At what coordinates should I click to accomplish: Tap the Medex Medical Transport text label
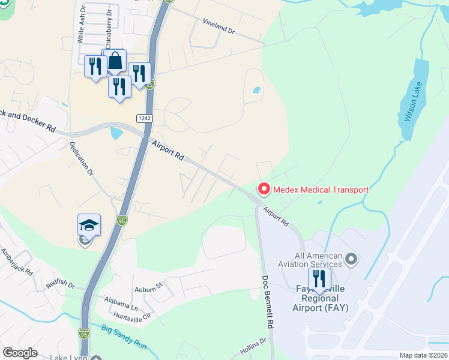click(321, 190)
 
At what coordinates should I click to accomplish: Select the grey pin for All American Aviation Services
click(352, 260)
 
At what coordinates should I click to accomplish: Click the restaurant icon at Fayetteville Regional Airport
click(319, 278)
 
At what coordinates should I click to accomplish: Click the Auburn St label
click(149, 284)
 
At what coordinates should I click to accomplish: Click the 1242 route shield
click(144, 117)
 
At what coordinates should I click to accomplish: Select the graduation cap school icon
click(89, 226)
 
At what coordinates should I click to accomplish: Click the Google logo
click(20, 352)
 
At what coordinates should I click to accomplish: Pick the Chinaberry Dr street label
click(109, 29)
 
